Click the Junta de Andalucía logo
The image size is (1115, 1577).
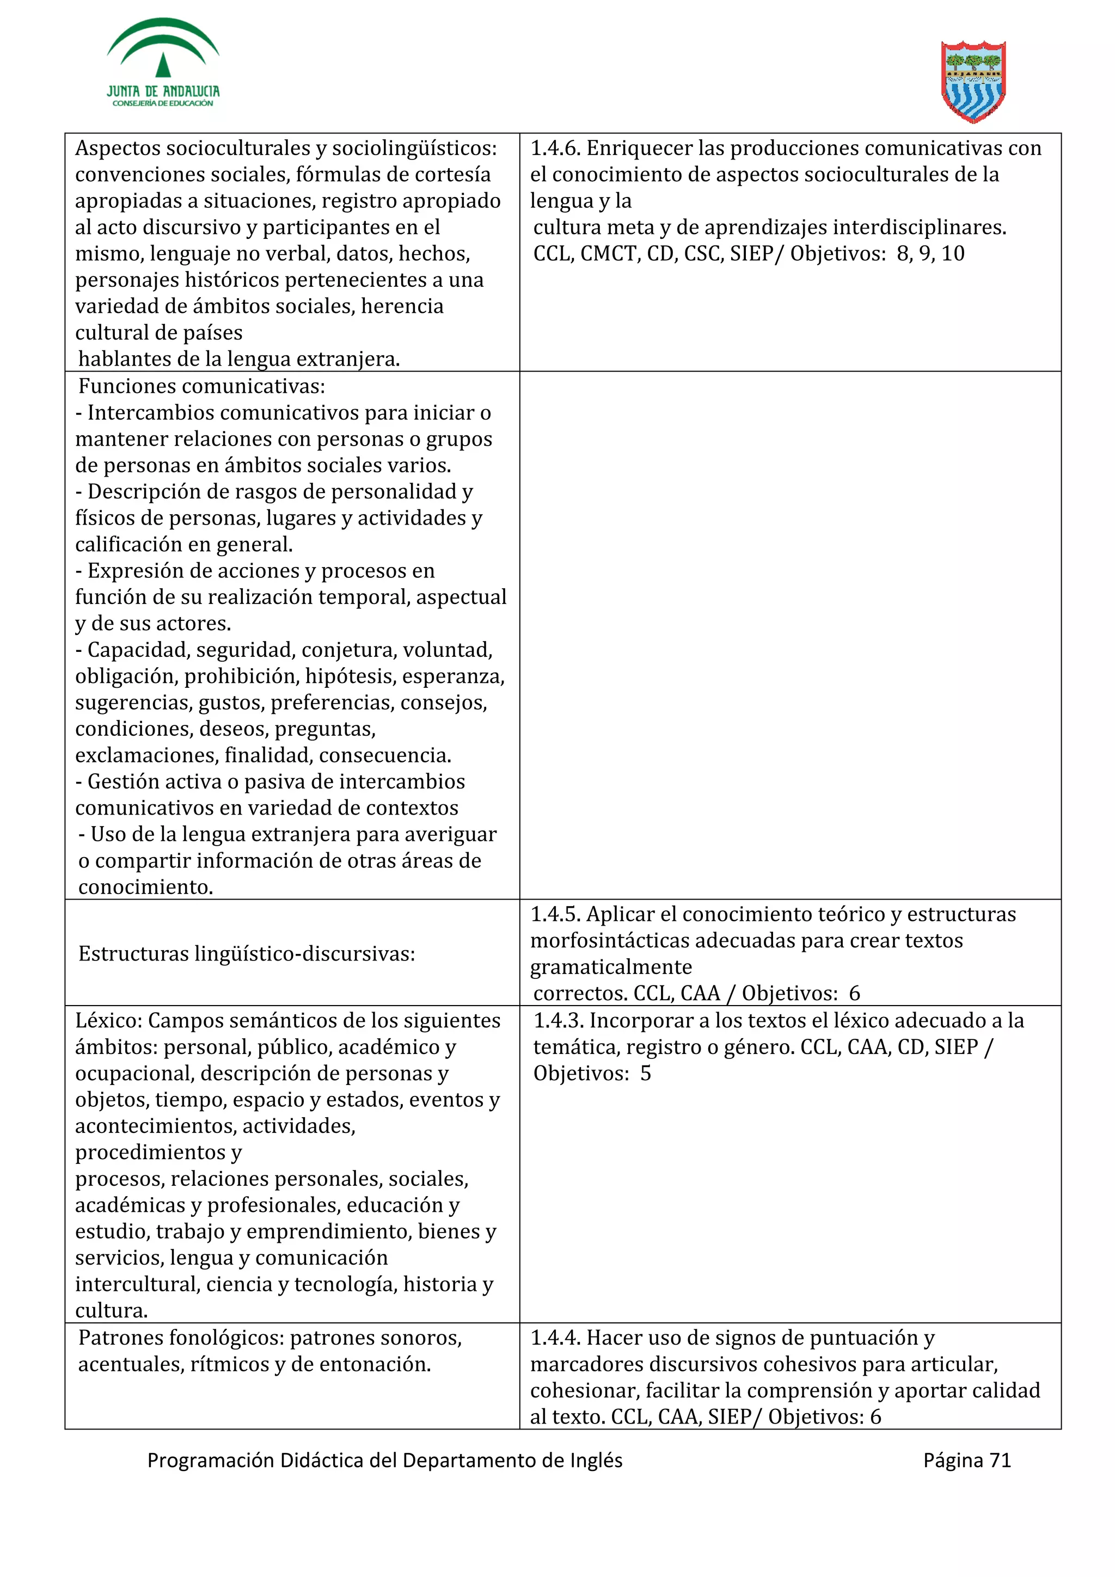(163, 63)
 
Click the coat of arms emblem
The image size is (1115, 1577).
(973, 82)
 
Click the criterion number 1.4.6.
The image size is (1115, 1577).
(555, 149)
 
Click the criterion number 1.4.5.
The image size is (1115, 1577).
(555, 914)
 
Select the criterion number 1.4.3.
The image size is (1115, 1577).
(559, 1021)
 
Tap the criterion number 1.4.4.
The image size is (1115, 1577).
(555, 1338)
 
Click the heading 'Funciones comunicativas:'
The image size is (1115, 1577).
(201, 387)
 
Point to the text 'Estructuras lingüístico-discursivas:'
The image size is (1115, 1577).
(246, 953)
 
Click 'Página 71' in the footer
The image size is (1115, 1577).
(966, 1460)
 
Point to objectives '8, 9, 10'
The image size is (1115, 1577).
(930, 254)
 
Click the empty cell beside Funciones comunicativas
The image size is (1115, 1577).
(790, 636)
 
